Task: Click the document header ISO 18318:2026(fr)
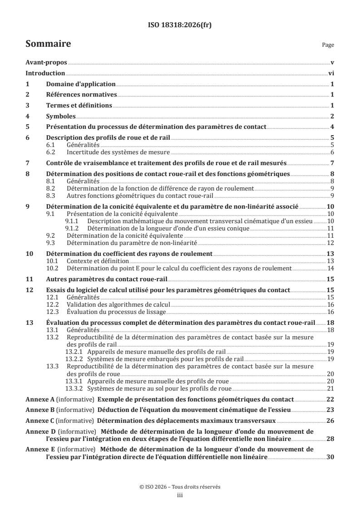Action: (180, 25)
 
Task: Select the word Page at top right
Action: (327, 45)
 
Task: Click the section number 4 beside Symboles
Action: (28, 116)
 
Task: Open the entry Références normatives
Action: (82, 95)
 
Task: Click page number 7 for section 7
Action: (332, 163)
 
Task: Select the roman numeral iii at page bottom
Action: (180, 495)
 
